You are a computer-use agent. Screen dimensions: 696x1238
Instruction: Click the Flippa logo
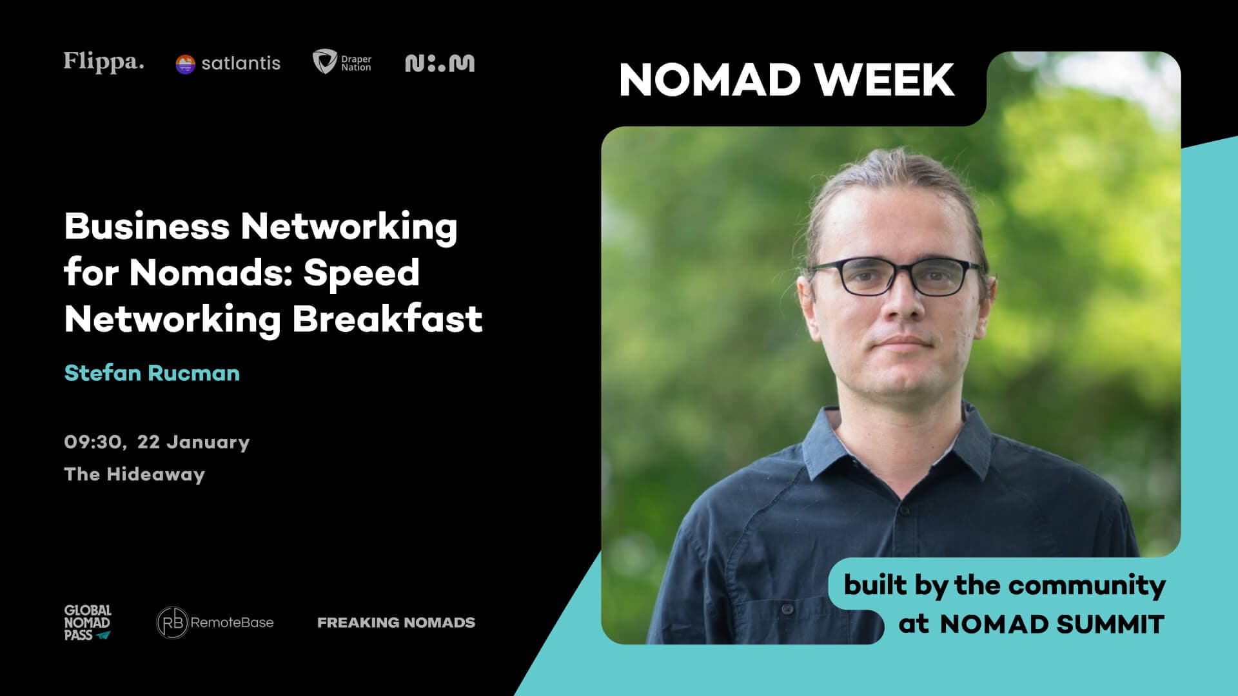(103, 62)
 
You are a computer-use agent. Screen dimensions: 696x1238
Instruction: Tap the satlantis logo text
(241, 63)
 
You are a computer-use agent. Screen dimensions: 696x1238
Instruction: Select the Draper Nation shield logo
(324, 62)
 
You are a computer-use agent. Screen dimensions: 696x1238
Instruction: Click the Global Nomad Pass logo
(87, 623)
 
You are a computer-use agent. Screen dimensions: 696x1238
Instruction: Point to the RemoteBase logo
(215, 623)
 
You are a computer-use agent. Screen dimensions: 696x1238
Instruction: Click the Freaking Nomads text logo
(396, 623)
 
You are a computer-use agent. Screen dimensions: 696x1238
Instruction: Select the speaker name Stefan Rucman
(152, 373)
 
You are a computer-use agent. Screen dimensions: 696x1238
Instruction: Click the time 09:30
(94, 442)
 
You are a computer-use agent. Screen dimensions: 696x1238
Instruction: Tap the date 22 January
(193, 442)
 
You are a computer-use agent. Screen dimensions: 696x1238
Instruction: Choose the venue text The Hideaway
(134, 474)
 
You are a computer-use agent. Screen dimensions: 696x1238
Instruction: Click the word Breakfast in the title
(388, 319)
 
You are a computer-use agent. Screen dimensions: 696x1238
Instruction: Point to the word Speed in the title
(361, 273)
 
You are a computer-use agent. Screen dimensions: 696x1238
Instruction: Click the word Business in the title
(147, 226)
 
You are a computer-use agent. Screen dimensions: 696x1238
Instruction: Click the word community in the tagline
(1086, 585)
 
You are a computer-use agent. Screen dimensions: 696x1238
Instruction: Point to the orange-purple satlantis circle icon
(185, 64)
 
